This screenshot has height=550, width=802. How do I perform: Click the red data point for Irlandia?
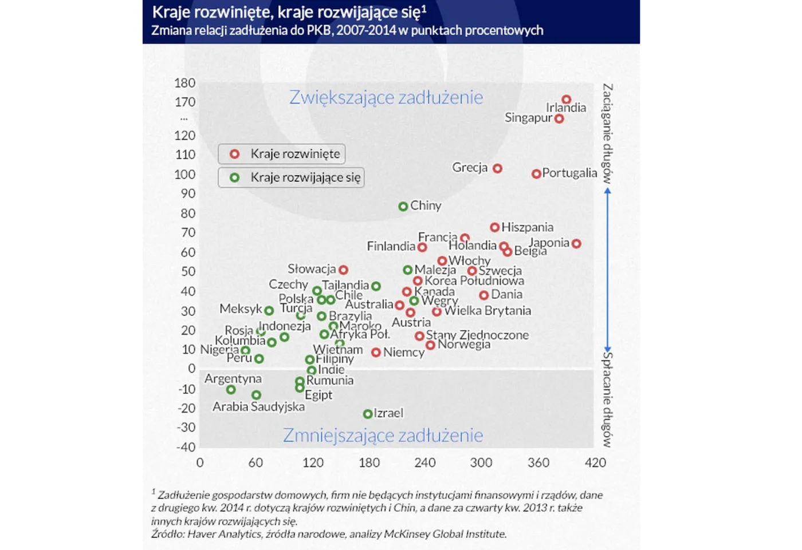tap(566, 100)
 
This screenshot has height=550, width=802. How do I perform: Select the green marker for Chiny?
tap(403, 206)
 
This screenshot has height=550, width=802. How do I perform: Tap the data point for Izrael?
tap(368, 413)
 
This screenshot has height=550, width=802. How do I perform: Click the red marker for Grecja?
tap(497, 168)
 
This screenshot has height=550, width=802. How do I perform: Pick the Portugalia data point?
tap(536, 173)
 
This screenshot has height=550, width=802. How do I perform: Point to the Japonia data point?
tap(576, 244)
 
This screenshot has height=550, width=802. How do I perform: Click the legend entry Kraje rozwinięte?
tap(282, 154)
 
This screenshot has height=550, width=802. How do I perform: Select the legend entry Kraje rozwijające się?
tap(292, 177)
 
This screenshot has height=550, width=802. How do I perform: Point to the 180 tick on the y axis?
tap(184, 83)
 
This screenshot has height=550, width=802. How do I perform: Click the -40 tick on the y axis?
tap(186, 447)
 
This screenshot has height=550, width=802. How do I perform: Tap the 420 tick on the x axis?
tap(595, 462)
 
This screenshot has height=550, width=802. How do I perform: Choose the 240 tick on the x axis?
tap(425, 462)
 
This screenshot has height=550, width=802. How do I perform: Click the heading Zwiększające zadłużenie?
tap(386, 97)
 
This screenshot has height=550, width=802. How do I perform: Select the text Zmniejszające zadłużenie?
tap(383, 436)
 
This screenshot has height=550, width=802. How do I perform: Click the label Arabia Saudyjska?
tap(258, 407)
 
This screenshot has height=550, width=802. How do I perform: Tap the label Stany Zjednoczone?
tap(477, 335)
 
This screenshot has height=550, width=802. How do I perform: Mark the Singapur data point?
tap(559, 119)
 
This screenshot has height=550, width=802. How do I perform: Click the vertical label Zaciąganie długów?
tap(607, 133)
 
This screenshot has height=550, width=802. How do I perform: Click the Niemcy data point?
tap(376, 353)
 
